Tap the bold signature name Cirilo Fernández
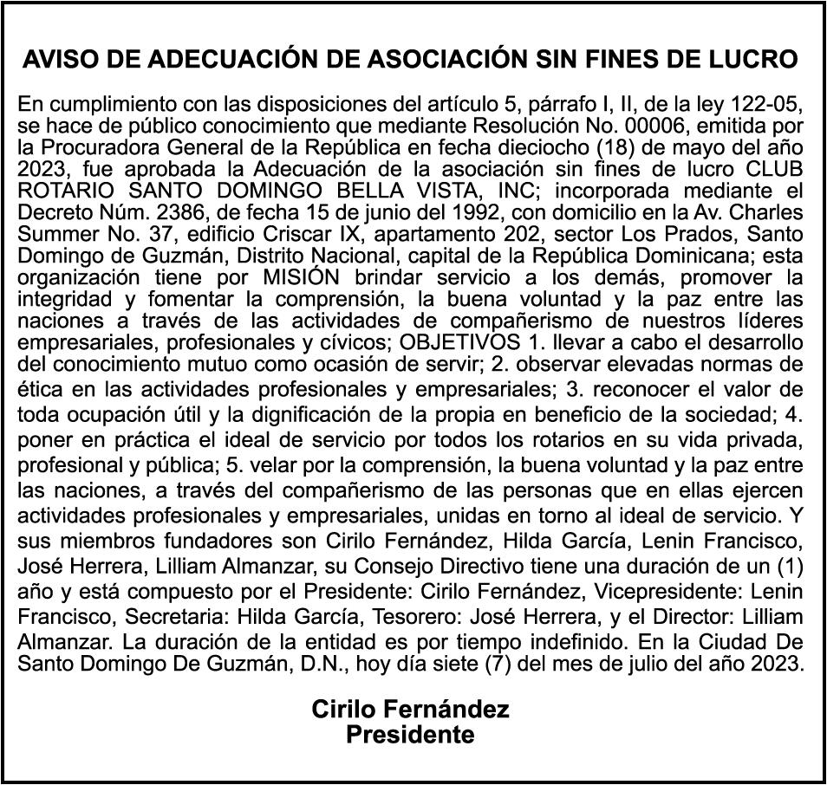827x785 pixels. click(x=410, y=710)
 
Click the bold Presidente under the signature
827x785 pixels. click(x=410, y=736)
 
